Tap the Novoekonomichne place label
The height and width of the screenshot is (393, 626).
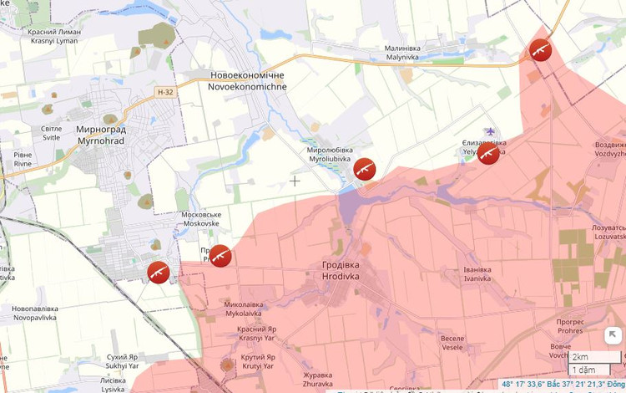[248, 81]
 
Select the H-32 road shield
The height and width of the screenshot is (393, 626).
[165, 92]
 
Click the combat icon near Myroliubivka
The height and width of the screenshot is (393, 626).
[364, 170]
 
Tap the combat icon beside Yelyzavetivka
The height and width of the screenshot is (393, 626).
[488, 154]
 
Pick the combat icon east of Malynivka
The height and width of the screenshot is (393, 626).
[540, 49]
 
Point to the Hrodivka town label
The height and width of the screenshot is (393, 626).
[342, 269]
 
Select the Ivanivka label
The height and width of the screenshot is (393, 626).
[477, 274]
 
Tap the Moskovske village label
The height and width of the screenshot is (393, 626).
[200, 219]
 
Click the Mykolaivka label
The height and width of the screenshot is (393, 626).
[244, 309]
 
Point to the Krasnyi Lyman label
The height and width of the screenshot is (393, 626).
[53, 36]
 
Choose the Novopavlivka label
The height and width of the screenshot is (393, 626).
[35, 314]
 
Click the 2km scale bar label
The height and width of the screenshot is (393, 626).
[581, 357]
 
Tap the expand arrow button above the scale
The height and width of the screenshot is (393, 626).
[613, 335]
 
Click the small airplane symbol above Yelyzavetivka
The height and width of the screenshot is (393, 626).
[490, 131]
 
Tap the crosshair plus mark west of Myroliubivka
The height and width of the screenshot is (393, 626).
[295, 181]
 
